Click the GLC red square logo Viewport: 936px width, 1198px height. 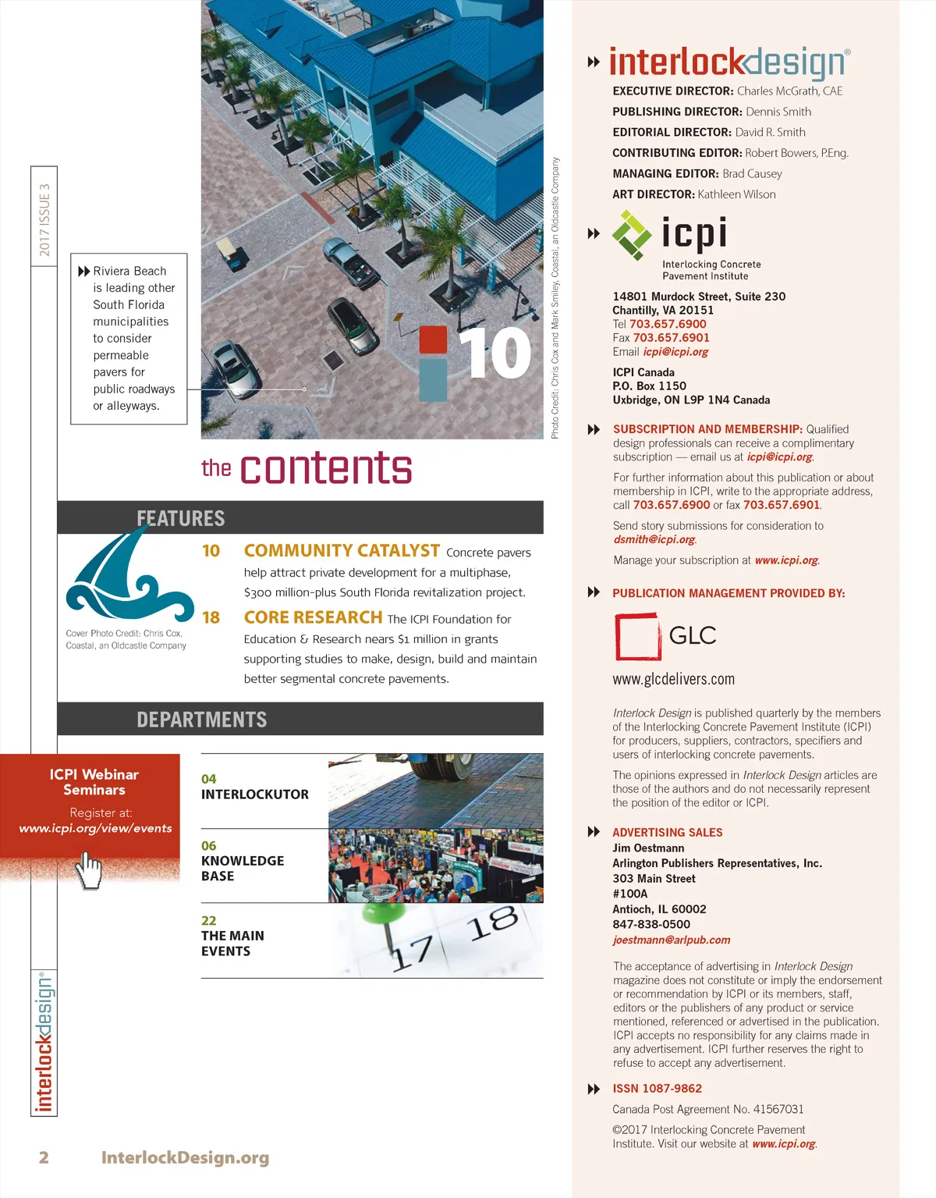click(637, 637)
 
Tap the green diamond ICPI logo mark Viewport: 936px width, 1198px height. click(632, 234)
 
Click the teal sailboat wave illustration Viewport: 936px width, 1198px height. click(129, 574)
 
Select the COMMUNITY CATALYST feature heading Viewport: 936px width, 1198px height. click(342, 551)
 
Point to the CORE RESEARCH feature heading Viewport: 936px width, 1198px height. click(313, 617)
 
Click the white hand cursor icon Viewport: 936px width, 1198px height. click(90, 869)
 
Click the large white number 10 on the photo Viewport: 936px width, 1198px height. click(495, 354)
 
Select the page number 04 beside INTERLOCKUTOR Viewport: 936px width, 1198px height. click(209, 779)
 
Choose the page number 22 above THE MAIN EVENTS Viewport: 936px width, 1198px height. click(209, 921)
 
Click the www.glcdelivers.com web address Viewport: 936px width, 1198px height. click(673, 679)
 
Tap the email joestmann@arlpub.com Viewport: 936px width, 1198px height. click(671, 940)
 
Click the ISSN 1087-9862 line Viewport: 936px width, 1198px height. click(657, 1089)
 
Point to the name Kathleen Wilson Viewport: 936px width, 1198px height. click(736, 194)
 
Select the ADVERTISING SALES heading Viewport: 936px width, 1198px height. click(667, 833)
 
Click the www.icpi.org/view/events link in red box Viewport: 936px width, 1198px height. click(95, 828)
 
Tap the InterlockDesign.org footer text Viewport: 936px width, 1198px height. click(185, 1157)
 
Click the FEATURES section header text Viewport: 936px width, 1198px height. click(180, 518)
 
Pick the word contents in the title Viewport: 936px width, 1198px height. click(326, 468)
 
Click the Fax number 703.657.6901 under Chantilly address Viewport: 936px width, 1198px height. click(671, 338)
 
